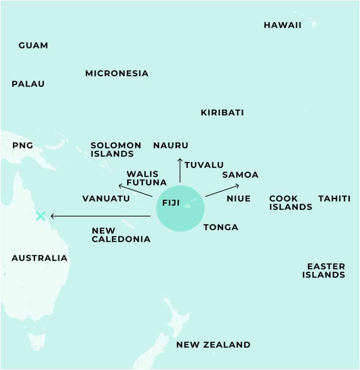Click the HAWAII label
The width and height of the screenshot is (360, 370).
tap(282, 25)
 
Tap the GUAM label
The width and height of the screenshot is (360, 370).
tap(33, 46)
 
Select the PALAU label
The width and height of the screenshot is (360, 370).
tap(28, 84)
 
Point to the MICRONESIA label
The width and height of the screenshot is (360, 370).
tap(117, 73)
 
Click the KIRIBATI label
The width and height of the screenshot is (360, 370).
tap(222, 113)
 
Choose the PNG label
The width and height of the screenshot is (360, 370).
tap(23, 146)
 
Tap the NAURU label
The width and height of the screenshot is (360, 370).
tap(171, 146)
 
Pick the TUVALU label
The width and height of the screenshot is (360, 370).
tap(204, 165)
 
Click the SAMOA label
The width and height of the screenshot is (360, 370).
tap(240, 175)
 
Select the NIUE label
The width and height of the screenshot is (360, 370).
tap(238, 199)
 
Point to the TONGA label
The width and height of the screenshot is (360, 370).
tap(221, 227)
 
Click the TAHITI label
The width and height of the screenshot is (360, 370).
tap(334, 199)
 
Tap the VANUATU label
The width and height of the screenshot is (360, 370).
tap(106, 199)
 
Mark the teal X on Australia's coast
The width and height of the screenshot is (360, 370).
tap(41, 216)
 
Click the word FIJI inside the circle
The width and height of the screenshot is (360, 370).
tap(171, 203)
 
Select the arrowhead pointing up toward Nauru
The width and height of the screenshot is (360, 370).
tap(180, 160)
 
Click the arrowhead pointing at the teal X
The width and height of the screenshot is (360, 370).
tap(52, 216)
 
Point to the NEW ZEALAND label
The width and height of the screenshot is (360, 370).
tap(213, 345)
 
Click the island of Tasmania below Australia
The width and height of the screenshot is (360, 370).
tap(37, 341)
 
